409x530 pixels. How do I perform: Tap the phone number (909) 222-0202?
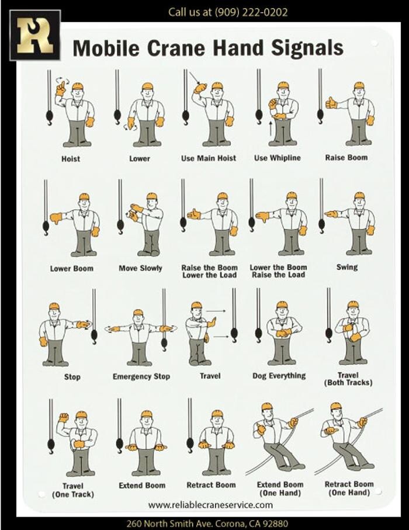coord(251,12)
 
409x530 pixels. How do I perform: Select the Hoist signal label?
coord(71,159)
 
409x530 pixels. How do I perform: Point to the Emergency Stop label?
coord(141,376)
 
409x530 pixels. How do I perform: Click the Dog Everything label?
coord(279,376)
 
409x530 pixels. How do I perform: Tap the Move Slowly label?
coord(140,268)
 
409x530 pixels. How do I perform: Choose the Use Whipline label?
coord(277,158)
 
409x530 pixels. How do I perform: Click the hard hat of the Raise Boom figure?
coord(359,85)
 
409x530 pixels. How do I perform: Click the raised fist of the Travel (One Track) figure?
coord(63,418)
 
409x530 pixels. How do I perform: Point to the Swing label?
coord(346,267)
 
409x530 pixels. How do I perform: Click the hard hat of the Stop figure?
coord(54,306)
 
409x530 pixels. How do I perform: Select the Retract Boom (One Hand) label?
coord(349,489)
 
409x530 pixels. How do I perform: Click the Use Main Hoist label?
coord(209,158)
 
